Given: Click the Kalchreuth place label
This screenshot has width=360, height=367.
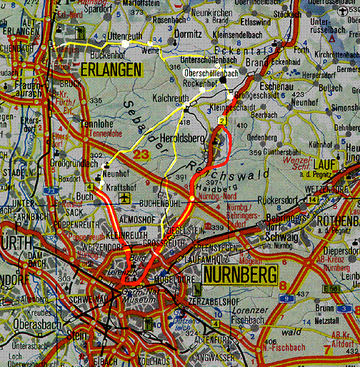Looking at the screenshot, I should coord(171,96).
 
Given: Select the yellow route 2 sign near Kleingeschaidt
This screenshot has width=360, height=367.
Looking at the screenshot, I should coord(222,122).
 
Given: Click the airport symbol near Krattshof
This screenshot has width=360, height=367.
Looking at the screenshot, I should coord(126,196).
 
